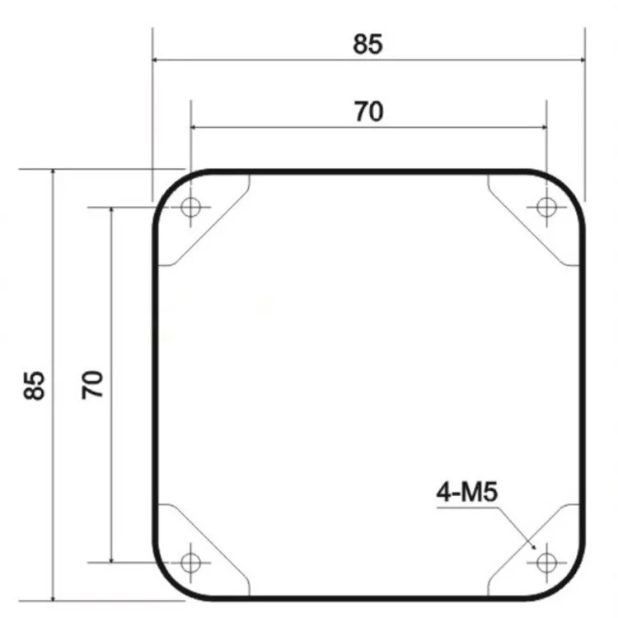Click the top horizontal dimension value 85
point(368,44)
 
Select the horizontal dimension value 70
point(368,111)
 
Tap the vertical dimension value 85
point(34,385)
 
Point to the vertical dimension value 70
point(93,385)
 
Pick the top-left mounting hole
point(191,207)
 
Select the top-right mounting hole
point(545,207)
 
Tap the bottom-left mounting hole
point(191,563)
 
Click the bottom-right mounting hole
point(545,563)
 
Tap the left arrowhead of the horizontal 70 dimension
point(195,127)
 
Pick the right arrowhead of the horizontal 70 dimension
point(541,127)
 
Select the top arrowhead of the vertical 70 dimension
point(110,212)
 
